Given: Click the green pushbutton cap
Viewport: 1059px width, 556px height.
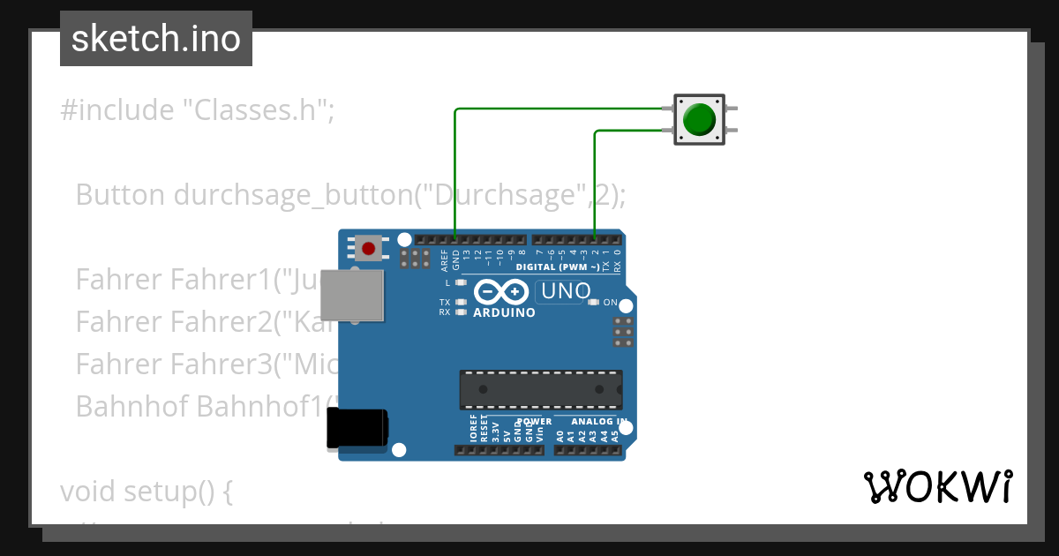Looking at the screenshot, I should pyautogui.click(x=700, y=119).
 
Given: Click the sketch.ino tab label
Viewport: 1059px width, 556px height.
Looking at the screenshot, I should pyautogui.click(x=156, y=39).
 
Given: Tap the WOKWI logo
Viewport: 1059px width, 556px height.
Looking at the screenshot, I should pyautogui.click(x=938, y=487).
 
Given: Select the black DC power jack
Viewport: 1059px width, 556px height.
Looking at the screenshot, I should pyautogui.click(x=357, y=428).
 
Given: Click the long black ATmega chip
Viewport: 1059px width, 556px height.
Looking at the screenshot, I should pyautogui.click(x=540, y=389).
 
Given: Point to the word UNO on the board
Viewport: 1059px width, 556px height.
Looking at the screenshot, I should pyautogui.click(x=565, y=290).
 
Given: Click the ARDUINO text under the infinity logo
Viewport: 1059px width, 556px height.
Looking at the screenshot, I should pyautogui.click(x=504, y=312).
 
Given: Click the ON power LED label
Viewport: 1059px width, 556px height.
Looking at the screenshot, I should pyautogui.click(x=610, y=303).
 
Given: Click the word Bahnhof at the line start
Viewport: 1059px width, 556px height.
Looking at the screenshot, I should pyautogui.click(x=131, y=406).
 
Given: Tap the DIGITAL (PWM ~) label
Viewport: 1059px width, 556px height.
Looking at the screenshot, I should pyautogui.click(x=559, y=267).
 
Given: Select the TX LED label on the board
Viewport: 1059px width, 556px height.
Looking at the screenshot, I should pyautogui.click(x=445, y=303).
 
